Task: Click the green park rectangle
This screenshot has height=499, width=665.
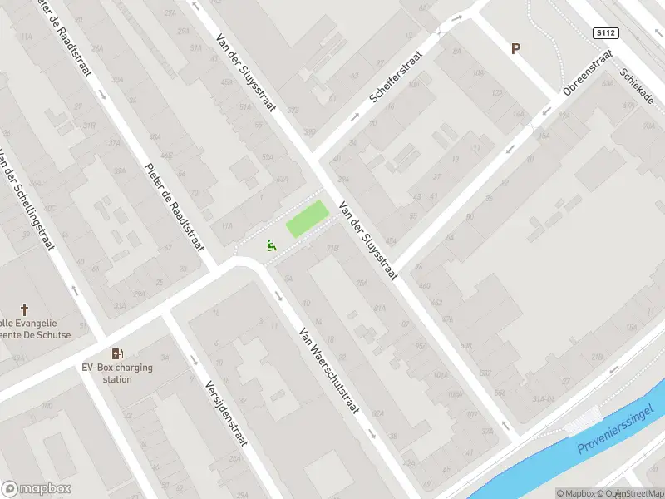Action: tap(306, 219)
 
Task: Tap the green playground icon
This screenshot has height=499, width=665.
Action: tap(270, 245)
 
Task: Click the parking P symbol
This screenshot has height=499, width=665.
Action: tap(516, 49)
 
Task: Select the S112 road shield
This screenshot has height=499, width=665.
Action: tap(605, 33)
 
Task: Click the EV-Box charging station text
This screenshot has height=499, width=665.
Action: tap(117, 373)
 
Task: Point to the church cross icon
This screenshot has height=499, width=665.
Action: tap(24, 309)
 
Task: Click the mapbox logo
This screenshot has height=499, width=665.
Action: tap(37, 489)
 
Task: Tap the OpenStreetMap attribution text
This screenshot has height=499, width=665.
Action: tap(630, 493)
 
